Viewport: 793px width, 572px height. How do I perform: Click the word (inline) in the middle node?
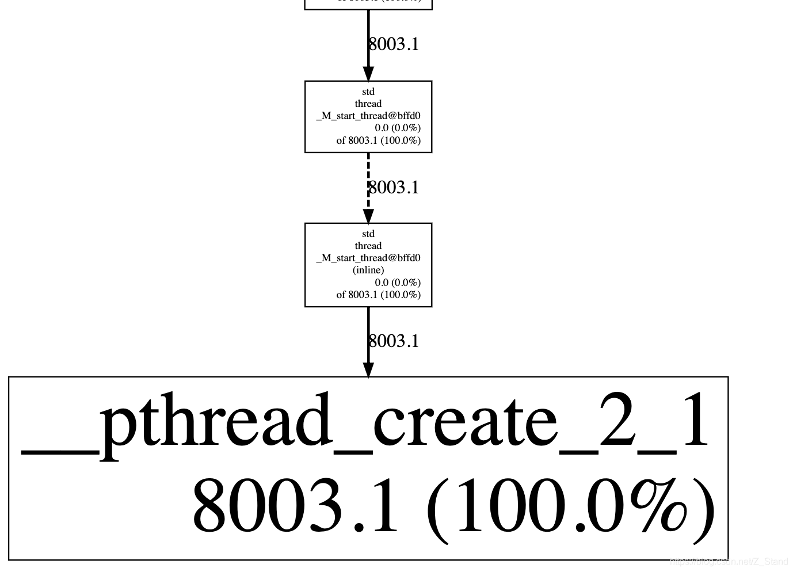368,270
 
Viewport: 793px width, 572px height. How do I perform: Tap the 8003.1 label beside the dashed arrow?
394,188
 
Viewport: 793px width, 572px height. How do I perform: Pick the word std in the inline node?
368,234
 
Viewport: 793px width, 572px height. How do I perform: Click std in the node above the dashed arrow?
368,91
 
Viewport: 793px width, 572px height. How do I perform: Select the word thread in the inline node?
368,246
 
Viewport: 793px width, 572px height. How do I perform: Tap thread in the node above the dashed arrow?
368,104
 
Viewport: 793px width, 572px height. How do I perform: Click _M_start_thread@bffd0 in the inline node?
368,258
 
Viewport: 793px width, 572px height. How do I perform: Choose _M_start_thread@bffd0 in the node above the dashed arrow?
368,116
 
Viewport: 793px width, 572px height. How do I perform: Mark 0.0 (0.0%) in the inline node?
398,283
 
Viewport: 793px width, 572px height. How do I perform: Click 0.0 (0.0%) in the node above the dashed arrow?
398,128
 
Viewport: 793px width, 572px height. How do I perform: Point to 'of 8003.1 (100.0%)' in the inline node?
379,295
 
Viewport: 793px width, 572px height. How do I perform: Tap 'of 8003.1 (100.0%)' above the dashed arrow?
379,140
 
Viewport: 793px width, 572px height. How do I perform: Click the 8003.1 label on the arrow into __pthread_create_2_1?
394,341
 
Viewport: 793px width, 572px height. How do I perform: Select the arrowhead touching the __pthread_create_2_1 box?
368,369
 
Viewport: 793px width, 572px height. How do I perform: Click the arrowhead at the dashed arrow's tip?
368,216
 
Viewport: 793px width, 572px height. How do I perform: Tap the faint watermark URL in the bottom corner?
729,562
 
